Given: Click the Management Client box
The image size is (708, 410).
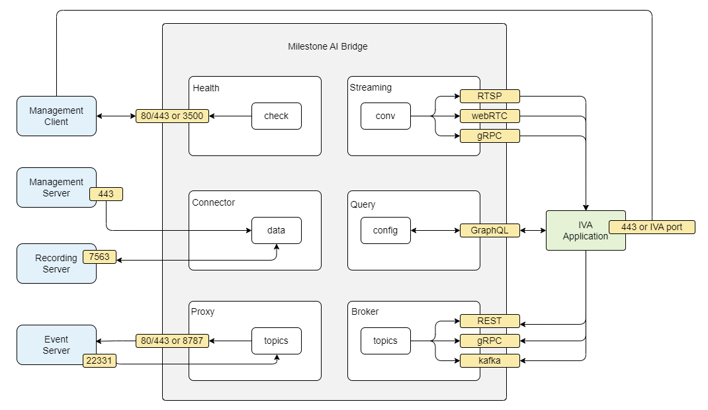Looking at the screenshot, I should point(56,116).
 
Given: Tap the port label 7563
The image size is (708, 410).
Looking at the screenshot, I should point(99,257).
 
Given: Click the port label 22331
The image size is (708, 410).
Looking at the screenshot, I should point(99,360).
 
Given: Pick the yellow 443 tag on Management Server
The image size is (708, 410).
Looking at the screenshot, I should point(106,194).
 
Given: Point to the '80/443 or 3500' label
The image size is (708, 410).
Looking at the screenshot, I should point(172,116).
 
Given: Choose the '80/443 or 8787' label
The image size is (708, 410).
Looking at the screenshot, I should point(172,341).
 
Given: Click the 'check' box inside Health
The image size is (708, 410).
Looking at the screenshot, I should point(276,116).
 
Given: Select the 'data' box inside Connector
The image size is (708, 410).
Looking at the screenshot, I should point(276,230).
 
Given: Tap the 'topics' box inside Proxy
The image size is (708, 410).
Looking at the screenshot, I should point(276,341).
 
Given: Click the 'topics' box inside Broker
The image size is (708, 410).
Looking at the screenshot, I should point(385,341).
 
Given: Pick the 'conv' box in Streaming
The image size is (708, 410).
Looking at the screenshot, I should point(385,116).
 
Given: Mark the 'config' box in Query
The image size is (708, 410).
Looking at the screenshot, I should point(385,230).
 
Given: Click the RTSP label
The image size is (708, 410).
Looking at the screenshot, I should point(490,97).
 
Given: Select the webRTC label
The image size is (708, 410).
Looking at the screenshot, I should point(490,116).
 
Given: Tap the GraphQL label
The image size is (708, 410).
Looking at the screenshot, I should point(490,231).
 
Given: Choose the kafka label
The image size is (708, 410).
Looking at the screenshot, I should point(490,361).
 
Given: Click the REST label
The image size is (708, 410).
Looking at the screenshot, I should point(490,321).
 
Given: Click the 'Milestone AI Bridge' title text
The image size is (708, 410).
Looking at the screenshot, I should point(328,46).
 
